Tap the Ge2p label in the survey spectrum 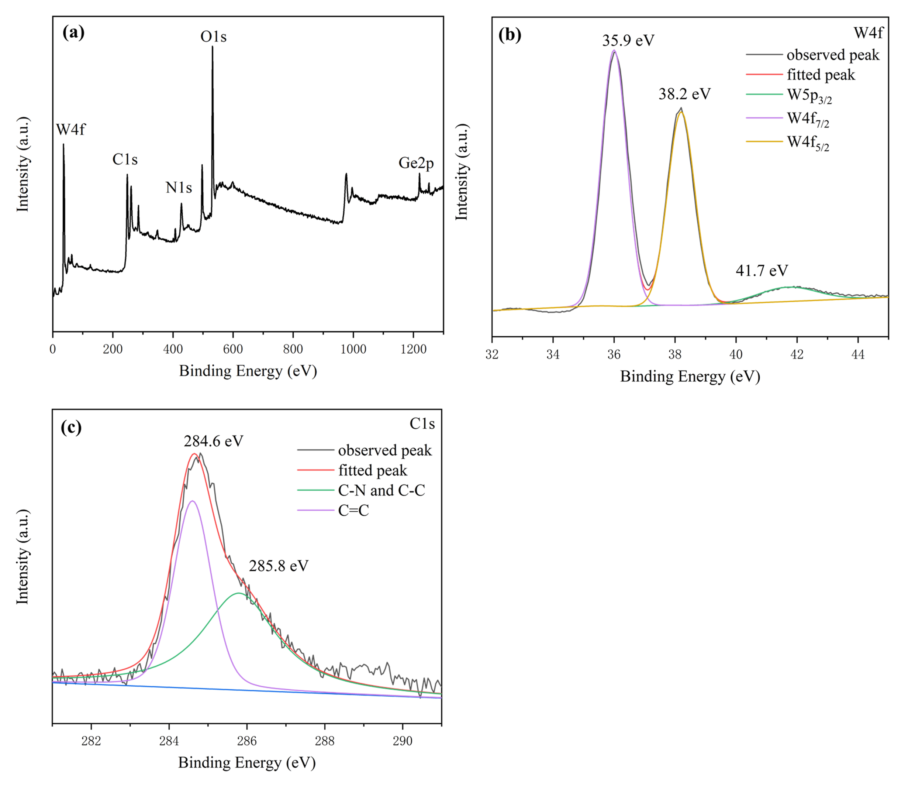pyautogui.click(x=416, y=163)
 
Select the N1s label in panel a pyautogui.click(x=179, y=188)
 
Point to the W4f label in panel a pyautogui.click(x=70, y=130)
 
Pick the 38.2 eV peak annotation pyautogui.click(x=684, y=94)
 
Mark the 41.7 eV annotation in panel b pyautogui.click(x=762, y=271)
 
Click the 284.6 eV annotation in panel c pyautogui.click(x=214, y=441)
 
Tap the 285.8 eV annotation pyautogui.click(x=278, y=566)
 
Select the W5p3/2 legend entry pyautogui.click(x=809, y=96)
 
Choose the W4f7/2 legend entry pyautogui.click(x=808, y=119)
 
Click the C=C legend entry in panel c pyautogui.click(x=353, y=510)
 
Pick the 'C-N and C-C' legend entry pyautogui.click(x=381, y=490)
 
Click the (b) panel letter pyautogui.click(x=510, y=35)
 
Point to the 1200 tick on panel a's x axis pyautogui.click(x=413, y=349)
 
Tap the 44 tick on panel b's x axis pyautogui.click(x=858, y=354)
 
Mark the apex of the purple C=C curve pyautogui.click(x=192, y=501)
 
